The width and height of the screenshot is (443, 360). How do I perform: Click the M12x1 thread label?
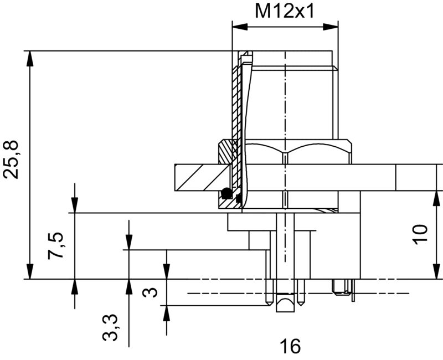(284, 11)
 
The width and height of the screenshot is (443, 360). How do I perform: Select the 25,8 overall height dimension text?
(12, 160)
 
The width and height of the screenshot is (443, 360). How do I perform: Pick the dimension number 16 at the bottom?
(290, 347)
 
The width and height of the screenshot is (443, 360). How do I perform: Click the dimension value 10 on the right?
(421, 234)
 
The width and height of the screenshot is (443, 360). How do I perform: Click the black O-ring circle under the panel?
(226, 194)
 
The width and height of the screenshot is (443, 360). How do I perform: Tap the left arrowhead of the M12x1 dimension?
(236, 25)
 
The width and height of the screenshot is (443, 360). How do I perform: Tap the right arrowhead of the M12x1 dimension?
(334, 25)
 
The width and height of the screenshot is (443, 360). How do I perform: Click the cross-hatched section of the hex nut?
(226, 151)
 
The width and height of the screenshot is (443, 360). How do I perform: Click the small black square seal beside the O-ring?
(239, 197)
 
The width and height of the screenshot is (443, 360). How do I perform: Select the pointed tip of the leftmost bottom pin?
(269, 304)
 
